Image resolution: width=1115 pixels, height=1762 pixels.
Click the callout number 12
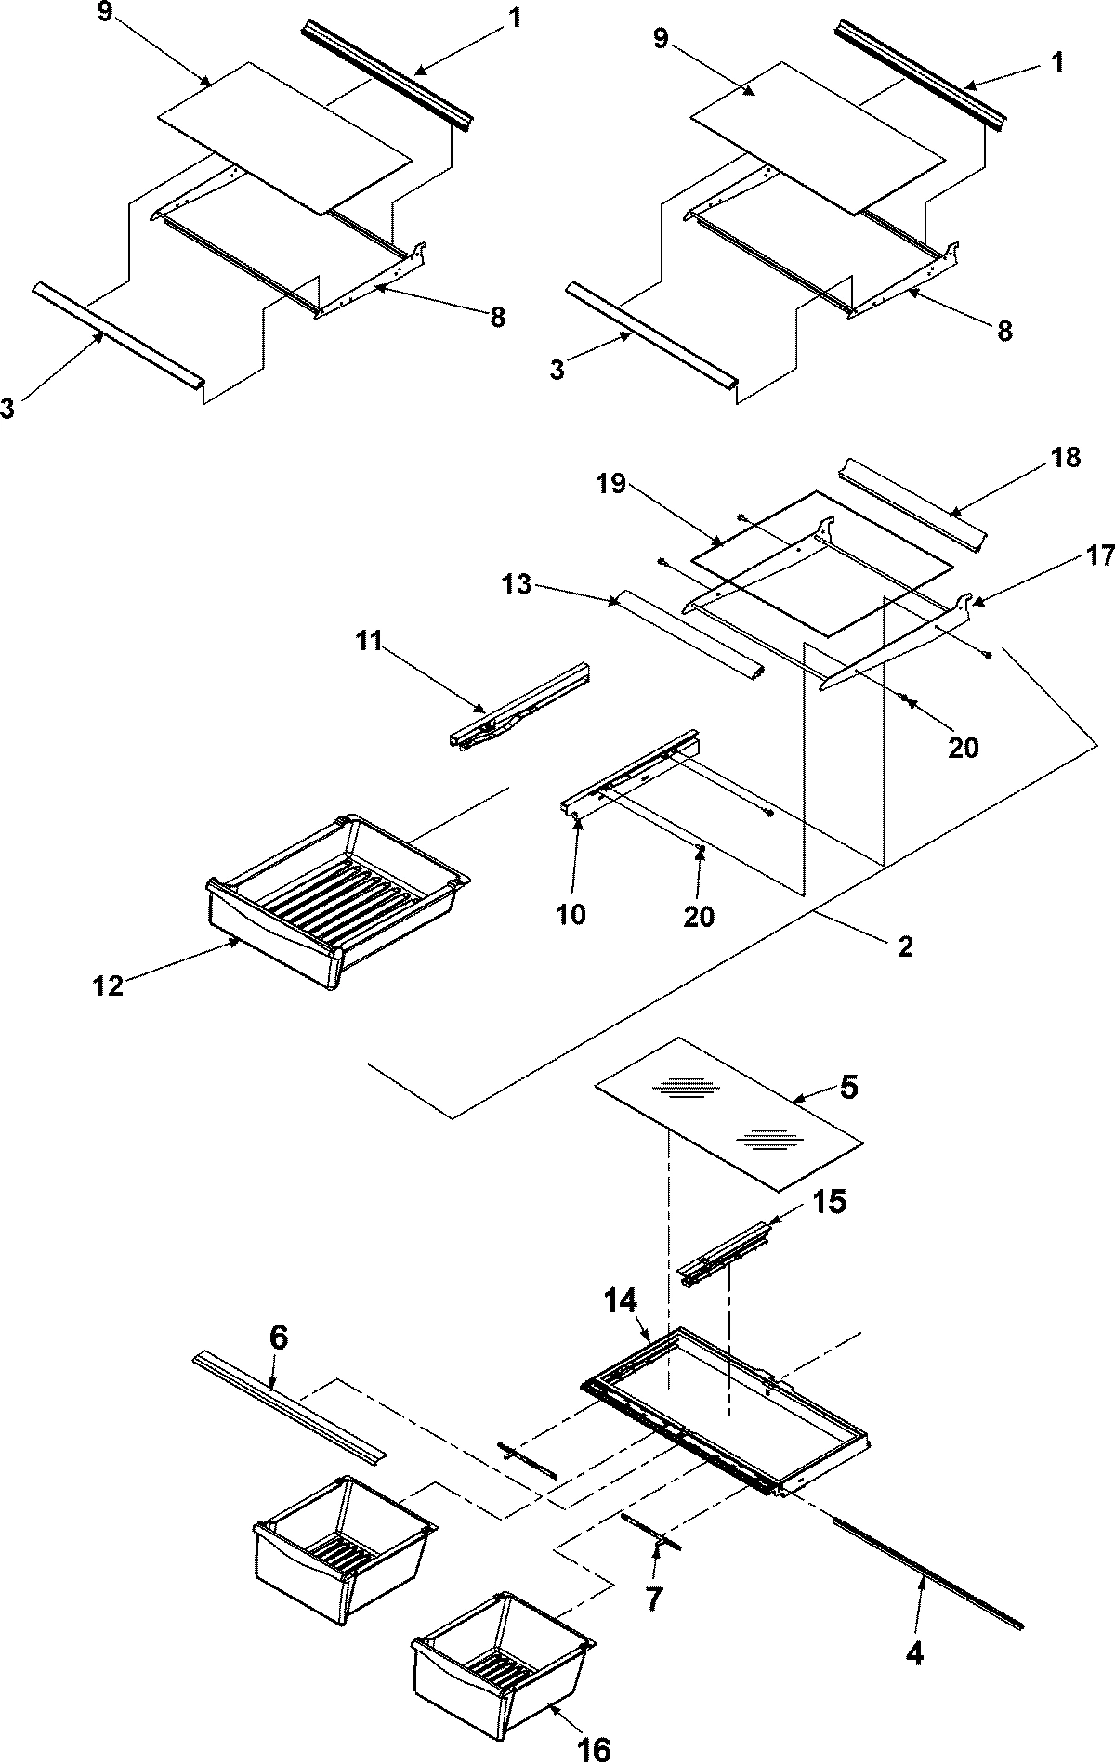108,985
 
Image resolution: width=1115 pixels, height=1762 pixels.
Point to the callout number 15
829,1202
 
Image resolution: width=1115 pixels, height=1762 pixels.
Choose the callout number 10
572,914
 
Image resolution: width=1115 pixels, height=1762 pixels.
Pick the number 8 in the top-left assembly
497,318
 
